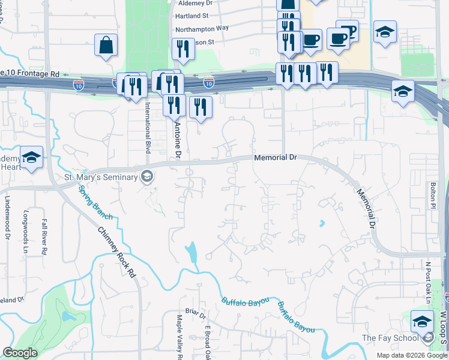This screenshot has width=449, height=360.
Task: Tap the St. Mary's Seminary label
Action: (101, 177)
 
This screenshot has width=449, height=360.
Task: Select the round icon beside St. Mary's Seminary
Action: (146, 176)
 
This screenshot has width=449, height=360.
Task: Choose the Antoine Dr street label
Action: (177, 141)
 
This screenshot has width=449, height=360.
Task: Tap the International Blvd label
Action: (146, 128)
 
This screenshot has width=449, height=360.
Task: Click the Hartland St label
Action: (192, 15)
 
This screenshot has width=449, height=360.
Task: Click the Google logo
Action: (20, 353)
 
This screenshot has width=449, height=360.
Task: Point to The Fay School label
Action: (390, 338)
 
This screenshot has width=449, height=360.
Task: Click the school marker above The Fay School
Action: (422, 321)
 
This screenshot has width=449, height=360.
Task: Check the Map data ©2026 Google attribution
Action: (411, 355)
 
